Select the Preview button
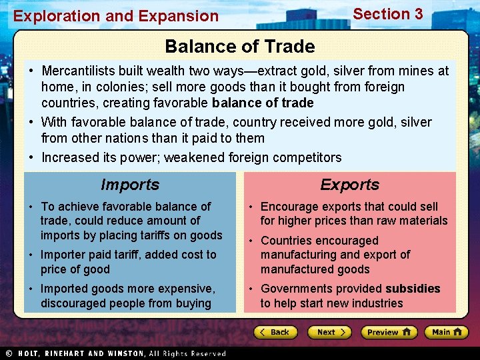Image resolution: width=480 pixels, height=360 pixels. click(x=389, y=332)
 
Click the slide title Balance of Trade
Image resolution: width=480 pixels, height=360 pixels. click(x=239, y=47)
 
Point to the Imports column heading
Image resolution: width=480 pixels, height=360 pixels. click(x=130, y=185)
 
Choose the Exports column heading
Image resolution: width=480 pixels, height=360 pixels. click(x=349, y=185)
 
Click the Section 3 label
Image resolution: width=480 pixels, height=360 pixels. click(x=387, y=14)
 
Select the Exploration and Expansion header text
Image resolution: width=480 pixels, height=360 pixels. click(x=116, y=16)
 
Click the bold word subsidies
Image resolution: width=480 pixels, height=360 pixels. click(x=413, y=289)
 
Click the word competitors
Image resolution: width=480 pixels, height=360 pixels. click(x=309, y=158)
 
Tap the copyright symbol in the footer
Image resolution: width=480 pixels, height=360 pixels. click(x=8, y=353)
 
